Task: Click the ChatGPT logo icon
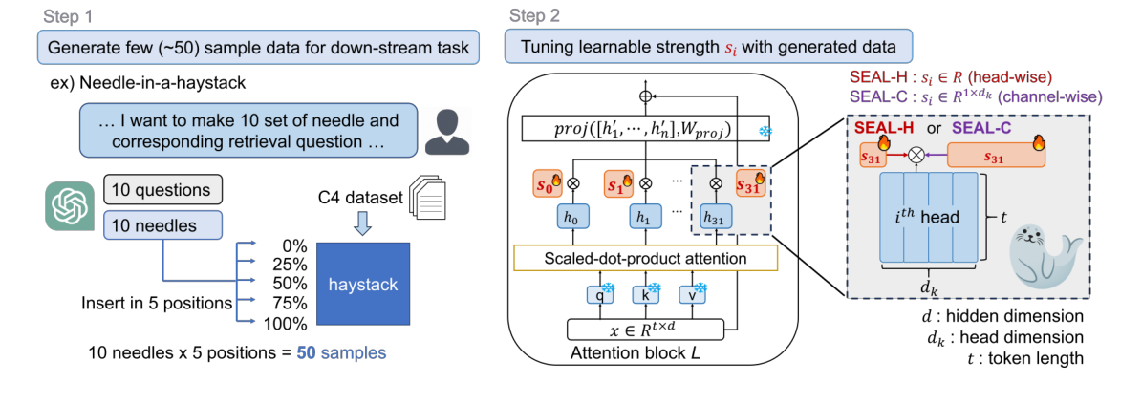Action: (68, 207)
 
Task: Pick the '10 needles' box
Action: (162, 225)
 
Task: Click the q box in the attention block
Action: (599, 296)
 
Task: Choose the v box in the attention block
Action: (695, 296)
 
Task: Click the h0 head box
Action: (573, 218)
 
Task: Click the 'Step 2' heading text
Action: (534, 16)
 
